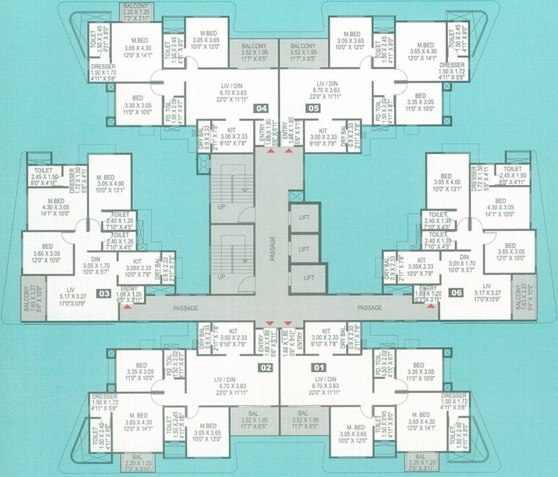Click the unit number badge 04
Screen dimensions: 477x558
tap(262, 109)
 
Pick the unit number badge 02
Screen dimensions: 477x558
tap(266, 368)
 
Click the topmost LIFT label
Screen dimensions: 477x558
tap(304, 217)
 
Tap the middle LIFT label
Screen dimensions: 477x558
tap(304, 249)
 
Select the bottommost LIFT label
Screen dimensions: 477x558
tap(304, 280)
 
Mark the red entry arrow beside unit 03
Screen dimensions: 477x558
tap(127, 306)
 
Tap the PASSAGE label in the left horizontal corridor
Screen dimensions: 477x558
tap(186, 307)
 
